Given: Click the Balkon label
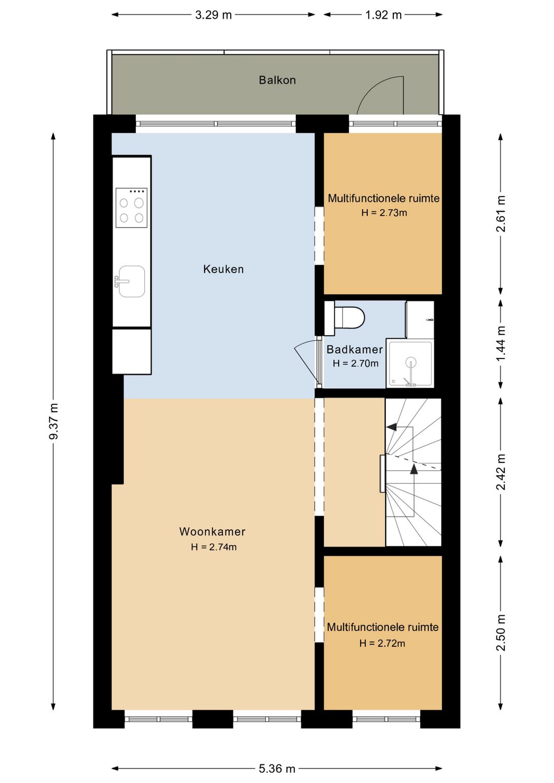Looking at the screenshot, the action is [x=277, y=80].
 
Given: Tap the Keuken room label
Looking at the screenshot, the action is [x=223, y=269].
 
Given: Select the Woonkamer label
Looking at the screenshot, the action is [x=212, y=532].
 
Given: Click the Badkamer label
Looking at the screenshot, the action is [x=354, y=349].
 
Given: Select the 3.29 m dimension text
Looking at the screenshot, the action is [x=213, y=15].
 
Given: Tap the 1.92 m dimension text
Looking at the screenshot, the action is [x=383, y=15].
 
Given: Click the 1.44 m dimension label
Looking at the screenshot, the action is [x=501, y=344].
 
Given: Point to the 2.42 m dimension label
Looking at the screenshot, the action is [x=501, y=472].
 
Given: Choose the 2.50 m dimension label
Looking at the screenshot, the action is [x=501, y=633].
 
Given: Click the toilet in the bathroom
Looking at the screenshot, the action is [x=345, y=318].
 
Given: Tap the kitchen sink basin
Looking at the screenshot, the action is [x=131, y=282].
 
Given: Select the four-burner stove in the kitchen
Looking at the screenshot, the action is [x=131, y=208].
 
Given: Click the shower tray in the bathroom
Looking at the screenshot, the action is [x=410, y=364].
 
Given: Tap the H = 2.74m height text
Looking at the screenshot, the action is [x=214, y=547].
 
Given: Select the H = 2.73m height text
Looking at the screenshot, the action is [x=384, y=212].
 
